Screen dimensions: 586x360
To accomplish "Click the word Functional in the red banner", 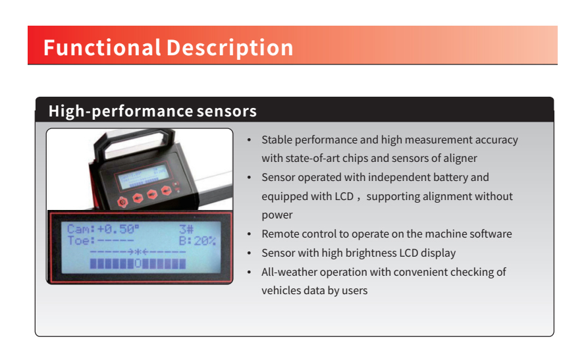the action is [x=102, y=47].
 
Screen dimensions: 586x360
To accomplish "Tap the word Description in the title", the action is [x=230, y=49].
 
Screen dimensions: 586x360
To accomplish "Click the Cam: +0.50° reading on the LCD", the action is [x=103, y=229].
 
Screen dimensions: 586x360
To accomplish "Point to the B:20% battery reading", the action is [x=198, y=241].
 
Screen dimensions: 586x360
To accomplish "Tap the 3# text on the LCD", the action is [x=186, y=229].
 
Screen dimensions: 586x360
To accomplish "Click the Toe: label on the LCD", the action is [x=81, y=240].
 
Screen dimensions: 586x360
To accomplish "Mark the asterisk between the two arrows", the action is [x=138, y=252].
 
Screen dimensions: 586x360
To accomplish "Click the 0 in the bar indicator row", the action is [x=138, y=264].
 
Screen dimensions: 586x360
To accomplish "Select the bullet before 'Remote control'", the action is [x=250, y=234].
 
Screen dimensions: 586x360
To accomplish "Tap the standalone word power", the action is [x=277, y=215].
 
